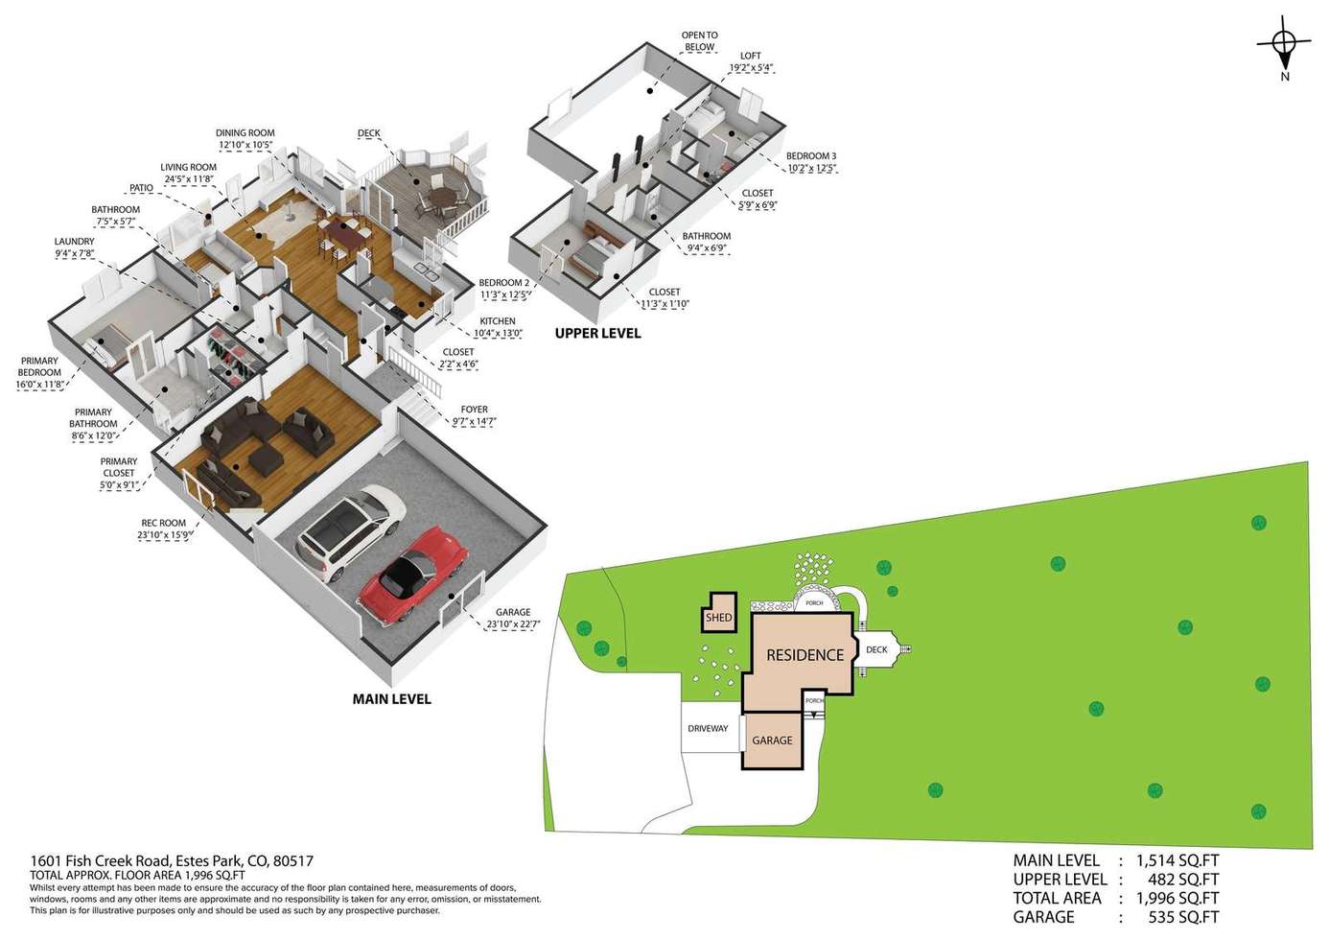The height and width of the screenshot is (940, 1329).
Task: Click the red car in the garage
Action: [x=413, y=576]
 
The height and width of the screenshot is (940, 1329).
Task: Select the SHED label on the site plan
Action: [x=718, y=617]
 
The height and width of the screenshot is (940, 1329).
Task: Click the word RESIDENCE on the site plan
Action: [x=804, y=655]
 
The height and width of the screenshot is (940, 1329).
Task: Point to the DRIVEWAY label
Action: [x=708, y=728]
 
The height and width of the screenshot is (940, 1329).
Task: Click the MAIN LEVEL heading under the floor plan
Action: [x=391, y=699]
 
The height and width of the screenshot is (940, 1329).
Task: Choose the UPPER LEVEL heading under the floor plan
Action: [x=598, y=334]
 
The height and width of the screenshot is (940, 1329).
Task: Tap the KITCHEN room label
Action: [x=498, y=321]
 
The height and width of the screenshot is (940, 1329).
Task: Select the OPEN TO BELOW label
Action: [x=700, y=41]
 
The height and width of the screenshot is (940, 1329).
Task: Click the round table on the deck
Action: [x=440, y=195]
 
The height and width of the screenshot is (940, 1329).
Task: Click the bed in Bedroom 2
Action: [x=595, y=255]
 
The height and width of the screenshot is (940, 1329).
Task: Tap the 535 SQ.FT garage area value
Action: [x=1183, y=917]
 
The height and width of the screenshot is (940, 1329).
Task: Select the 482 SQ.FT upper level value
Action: [x=1183, y=880]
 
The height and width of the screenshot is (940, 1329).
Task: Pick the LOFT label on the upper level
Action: [x=751, y=56]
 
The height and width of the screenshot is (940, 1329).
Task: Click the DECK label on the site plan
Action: [x=876, y=649]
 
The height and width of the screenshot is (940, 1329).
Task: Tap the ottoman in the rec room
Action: [x=266, y=461]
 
